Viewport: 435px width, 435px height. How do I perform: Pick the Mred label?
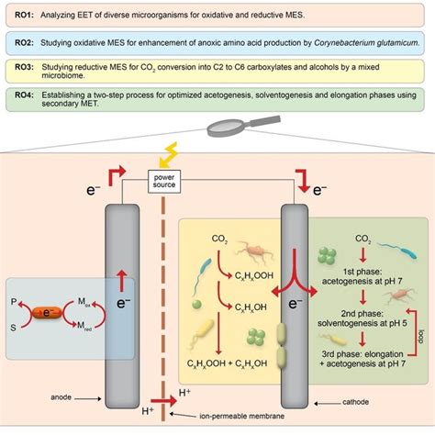pos(81,328)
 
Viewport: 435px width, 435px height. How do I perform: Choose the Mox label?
pos(81,300)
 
